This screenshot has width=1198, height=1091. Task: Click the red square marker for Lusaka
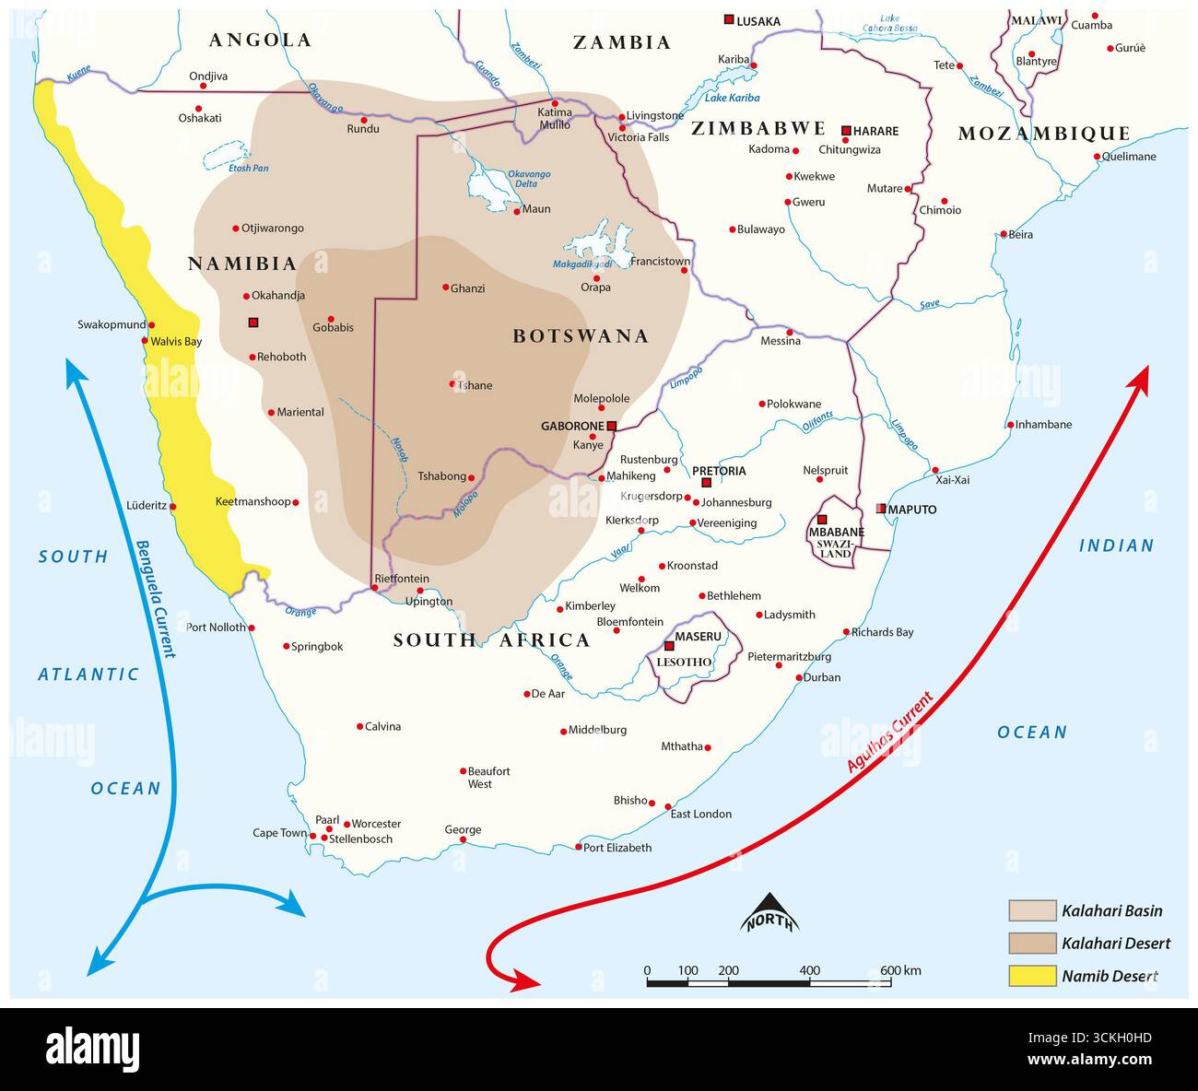click(729, 19)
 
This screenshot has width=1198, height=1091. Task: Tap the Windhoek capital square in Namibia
click(253, 323)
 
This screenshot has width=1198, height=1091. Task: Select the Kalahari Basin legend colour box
click(1031, 910)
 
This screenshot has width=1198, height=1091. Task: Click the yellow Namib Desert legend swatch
click(1031, 976)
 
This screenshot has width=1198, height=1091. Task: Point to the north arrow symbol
click(769, 913)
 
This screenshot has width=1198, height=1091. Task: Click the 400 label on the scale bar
click(809, 970)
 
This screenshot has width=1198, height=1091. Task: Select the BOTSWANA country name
click(581, 336)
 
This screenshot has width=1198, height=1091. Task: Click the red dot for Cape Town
click(313, 837)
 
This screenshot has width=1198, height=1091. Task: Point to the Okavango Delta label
click(529, 179)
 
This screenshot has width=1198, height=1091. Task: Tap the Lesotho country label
click(684, 662)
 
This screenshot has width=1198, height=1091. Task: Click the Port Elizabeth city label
click(617, 848)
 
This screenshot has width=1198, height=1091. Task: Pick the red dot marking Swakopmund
click(151, 324)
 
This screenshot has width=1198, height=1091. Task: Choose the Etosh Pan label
click(248, 168)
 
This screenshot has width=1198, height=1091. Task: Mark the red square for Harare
click(846, 131)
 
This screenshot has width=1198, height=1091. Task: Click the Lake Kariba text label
click(732, 98)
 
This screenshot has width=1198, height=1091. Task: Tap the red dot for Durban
click(799, 678)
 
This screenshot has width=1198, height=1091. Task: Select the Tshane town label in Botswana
click(476, 385)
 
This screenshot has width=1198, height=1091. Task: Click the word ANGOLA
click(260, 40)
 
